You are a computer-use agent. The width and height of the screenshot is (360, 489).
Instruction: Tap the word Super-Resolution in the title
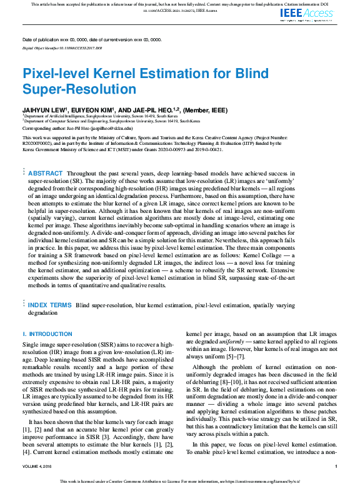[79, 89]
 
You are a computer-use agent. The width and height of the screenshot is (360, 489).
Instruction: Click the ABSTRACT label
[46, 173]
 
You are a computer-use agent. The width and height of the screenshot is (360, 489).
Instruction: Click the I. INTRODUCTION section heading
[47, 334]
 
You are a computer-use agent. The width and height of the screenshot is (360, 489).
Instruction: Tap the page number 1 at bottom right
[336, 467]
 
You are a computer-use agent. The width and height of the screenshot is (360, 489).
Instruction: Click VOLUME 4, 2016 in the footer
[39, 467]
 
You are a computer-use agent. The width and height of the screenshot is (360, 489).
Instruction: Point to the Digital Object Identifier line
[62, 47]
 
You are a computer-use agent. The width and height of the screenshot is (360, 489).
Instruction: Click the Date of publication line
[92, 39]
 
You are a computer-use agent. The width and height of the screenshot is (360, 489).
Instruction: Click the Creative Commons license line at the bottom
[179, 482]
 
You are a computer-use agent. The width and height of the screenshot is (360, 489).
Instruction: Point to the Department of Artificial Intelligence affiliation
[100, 116]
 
